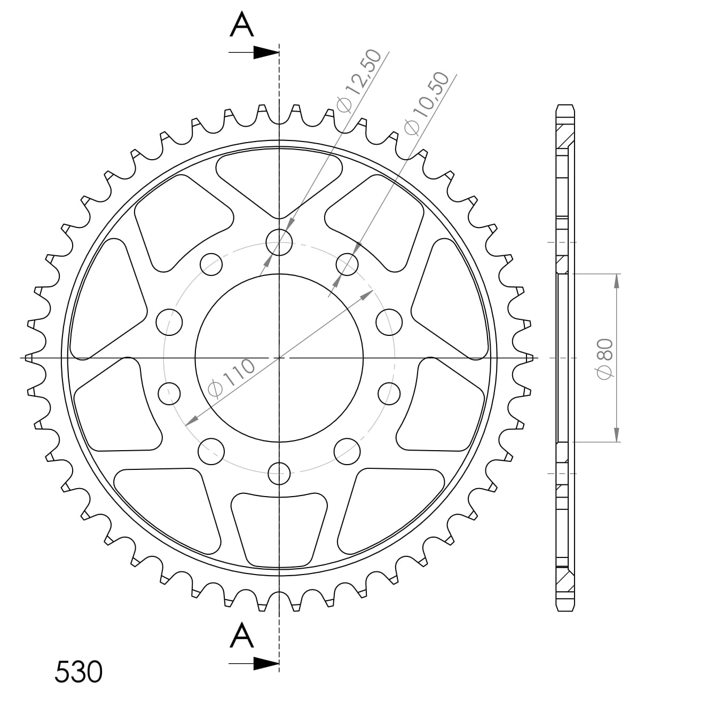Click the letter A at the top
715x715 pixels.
pos(241,25)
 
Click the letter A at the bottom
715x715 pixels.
pos(241,636)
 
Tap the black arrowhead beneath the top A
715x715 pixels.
pos(265,52)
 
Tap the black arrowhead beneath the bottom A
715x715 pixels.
pos(265,664)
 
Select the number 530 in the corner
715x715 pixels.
pos(78,672)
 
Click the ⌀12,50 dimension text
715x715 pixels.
pos(359,81)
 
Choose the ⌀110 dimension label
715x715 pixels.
pos(231,379)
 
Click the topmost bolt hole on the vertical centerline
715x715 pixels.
pos(279,242)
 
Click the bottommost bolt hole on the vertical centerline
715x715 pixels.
pos(279,472)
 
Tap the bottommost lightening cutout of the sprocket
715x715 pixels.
pos(279,529)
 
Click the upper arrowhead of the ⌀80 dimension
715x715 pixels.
pos(617,281)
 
